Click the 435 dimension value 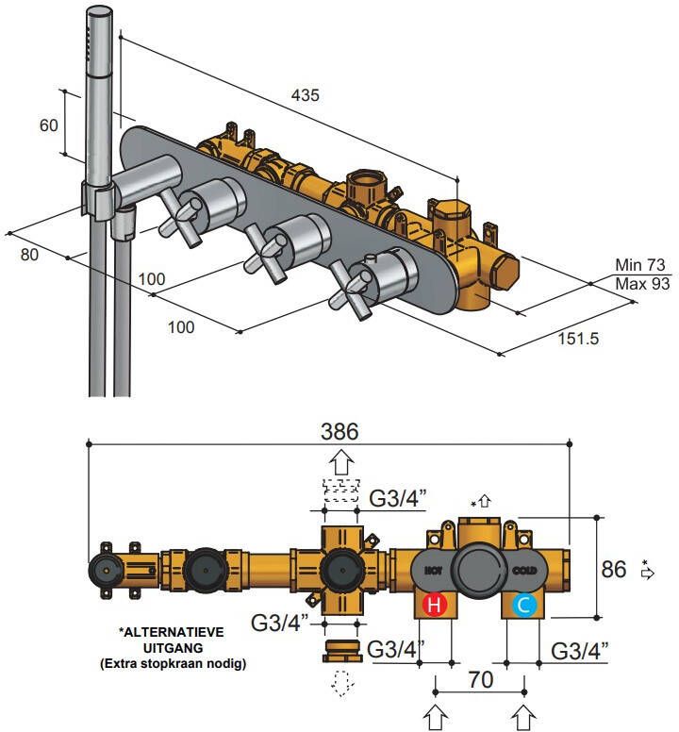tap(306, 94)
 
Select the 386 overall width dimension tap(339, 432)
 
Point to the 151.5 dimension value tap(579, 338)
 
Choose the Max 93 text tap(642, 283)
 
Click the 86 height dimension tap(615, 569)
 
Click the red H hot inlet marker tap(435, 605)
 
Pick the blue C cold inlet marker tap(524, 605)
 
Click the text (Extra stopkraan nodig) tap(174, 664)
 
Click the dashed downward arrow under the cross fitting tap(340, 682)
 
